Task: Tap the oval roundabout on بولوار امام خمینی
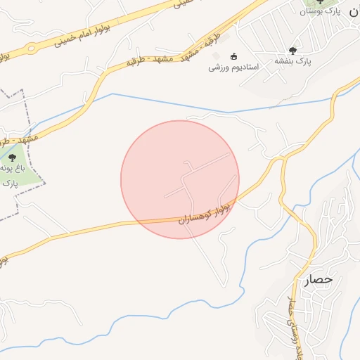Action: [31, 49]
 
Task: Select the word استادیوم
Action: [245, 67]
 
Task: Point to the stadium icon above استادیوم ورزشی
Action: [234, 57]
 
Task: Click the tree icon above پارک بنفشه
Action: [292, 50]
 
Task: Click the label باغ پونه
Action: [12, 169]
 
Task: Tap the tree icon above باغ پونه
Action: [12, 157]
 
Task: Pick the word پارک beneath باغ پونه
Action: [9, 183]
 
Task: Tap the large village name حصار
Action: [318, 280]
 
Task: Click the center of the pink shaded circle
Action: [180, 179]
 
